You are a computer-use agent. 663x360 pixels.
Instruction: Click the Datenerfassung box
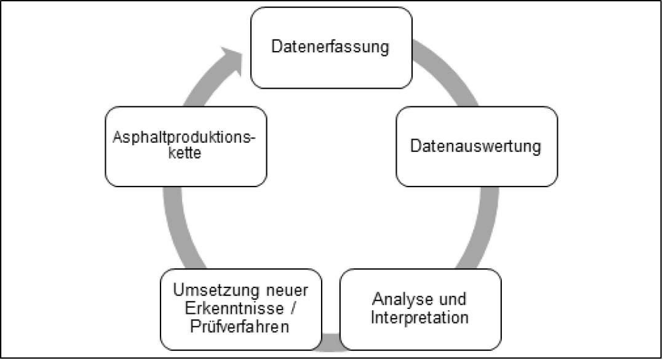pyautogui.click(x=330, y=47)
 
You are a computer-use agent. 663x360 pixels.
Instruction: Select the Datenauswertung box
pyautogui.click(x=476, y=146)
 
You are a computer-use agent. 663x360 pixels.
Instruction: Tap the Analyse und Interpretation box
pyautogui.click(x=420, y=310)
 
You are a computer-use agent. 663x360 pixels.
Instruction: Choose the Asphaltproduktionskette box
pyautogui.click(x=185, y=146)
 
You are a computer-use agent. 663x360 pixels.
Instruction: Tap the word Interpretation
pyautogui.click(x=420, y=318)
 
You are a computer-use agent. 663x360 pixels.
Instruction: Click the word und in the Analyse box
pyautogui.click(x=453, y=300)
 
